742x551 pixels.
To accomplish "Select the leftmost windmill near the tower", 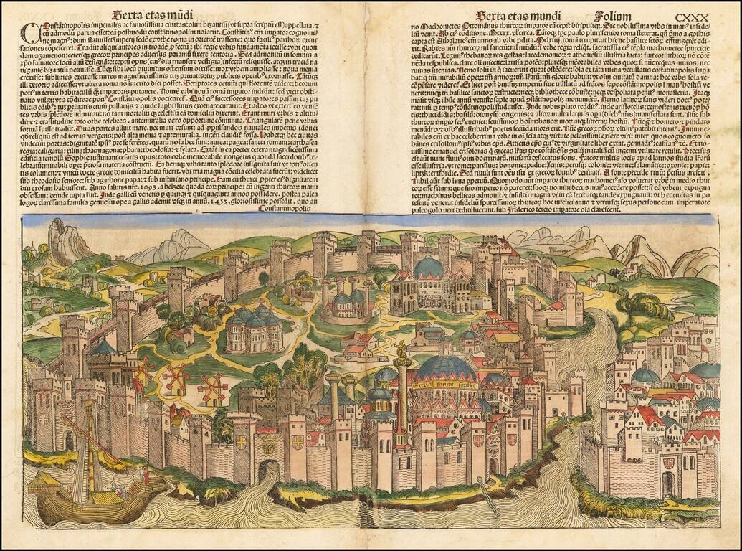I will click(x=144, y=370).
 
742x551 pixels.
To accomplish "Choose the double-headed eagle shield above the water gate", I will click(x=267, y=445).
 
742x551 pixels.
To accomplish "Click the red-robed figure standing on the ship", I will click(x=146, y=476).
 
